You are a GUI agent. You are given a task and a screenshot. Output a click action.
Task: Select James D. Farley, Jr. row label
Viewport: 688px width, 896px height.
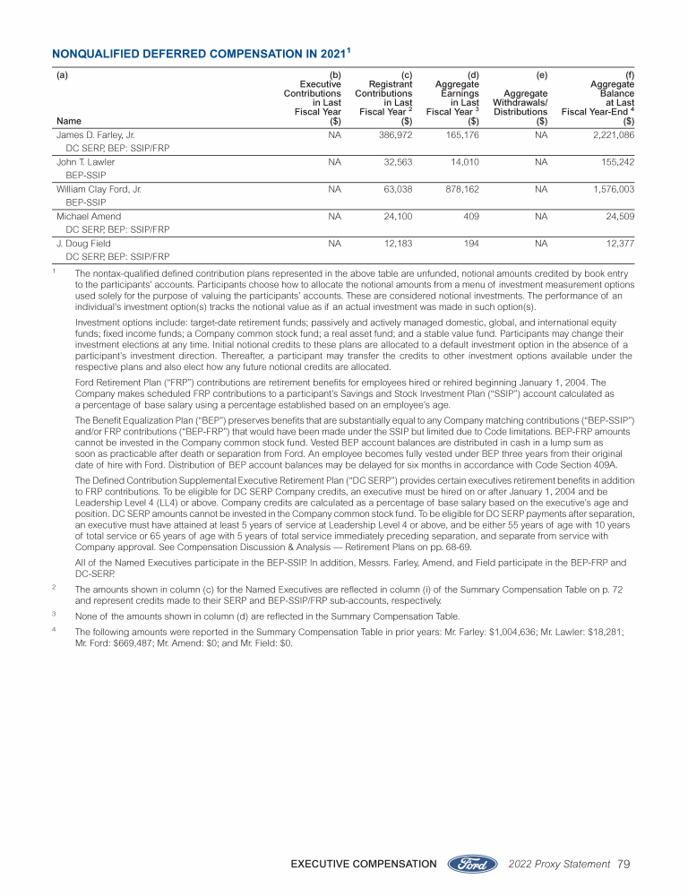click(x=95, y=134)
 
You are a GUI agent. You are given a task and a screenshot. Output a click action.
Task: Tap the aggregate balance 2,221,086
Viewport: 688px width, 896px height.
click(x=612, y=134)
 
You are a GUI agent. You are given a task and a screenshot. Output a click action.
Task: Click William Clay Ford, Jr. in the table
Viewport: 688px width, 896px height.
click(x=99, y=190)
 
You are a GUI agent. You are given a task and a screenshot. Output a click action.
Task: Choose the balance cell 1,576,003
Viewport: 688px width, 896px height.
click(x=612, y=190)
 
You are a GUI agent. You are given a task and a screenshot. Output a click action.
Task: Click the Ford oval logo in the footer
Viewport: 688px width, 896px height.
click(x=471, y=864)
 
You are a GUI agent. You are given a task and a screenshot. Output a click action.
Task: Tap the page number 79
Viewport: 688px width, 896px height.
click(x=624, y=864)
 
